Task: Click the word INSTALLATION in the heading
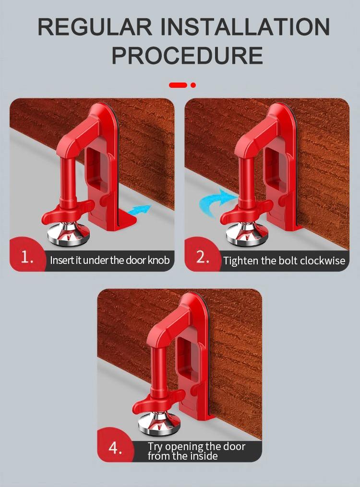point(245,27)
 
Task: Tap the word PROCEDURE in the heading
point(187,56)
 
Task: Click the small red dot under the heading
point(193,85)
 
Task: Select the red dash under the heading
point(178,85)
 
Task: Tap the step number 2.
point(203,258)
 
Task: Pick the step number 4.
point(115,448)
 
